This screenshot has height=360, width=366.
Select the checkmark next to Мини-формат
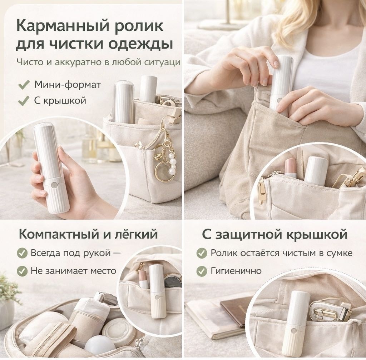tap(24, 85)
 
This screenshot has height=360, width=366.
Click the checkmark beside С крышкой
tap(24, 101)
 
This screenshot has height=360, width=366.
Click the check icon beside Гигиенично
tap(202, 271)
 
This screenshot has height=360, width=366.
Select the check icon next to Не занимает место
tap(22, 271)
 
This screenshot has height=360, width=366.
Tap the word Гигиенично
tap(236, 271)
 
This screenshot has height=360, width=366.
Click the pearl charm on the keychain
tap(173, 164)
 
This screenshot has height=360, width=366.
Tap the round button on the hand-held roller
tap(54, 185)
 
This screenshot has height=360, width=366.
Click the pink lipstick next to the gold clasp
tap(290, 167)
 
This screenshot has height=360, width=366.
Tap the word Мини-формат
tap(68, 85)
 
